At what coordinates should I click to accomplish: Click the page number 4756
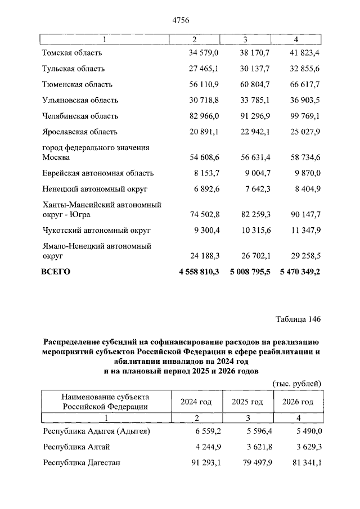point(180,20)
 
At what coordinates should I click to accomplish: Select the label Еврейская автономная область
point(98,173)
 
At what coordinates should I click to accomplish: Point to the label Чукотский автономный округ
point(93,231)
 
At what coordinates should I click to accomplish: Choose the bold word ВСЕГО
point(56,272)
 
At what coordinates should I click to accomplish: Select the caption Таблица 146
point(298,319)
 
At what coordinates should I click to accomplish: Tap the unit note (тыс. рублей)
point(297,384)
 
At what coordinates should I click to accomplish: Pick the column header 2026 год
point(296,402)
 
